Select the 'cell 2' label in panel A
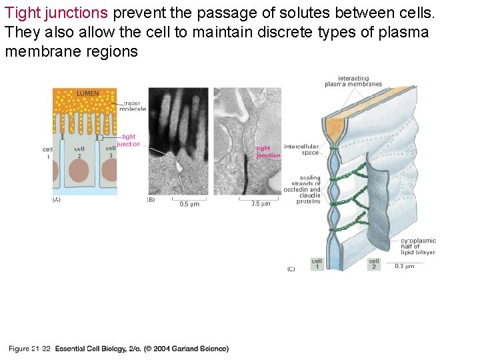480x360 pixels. (79, 152)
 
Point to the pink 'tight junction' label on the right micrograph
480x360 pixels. (268, 152)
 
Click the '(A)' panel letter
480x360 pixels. (57, 199)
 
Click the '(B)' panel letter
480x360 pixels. (151, 199)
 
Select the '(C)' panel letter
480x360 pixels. (291, 269)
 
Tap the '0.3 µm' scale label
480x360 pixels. (404, 266)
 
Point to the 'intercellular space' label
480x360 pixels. (301, 149)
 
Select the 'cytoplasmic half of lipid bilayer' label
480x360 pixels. (419, 247)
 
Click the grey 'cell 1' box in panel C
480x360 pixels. (317, 264)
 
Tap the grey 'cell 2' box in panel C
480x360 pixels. (374, 264)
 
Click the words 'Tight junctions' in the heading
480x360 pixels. (56, 13)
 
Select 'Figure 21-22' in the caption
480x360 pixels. (30, 349)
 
